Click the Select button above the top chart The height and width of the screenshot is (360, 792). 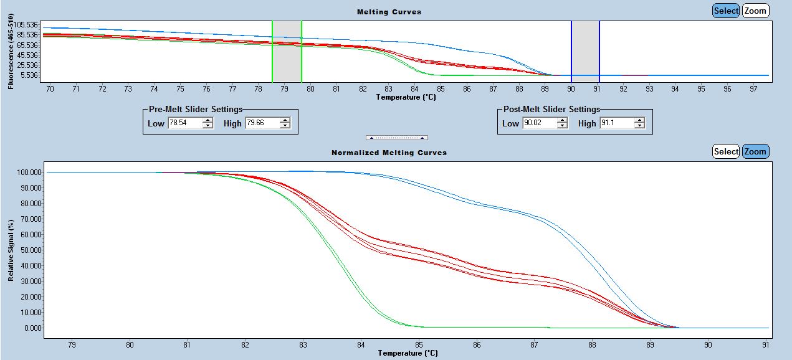(726, 11)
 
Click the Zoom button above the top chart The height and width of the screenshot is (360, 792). (755, 11)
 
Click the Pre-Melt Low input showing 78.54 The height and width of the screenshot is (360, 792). (184, 123)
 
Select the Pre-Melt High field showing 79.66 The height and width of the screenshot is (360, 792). (262, 123)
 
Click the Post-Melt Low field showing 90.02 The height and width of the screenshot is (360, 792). (539, 123)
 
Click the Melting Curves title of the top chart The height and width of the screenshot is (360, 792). (389, 12)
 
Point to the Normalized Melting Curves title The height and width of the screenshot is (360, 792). (389, 153)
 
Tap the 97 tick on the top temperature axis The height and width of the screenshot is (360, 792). (753, 89)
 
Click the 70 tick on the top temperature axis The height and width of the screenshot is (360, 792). (50, 89)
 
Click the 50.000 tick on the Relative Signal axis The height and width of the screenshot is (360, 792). (31, 250)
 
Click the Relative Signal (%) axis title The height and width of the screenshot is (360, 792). (11, 250)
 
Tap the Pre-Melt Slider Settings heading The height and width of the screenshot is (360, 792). (195, 110)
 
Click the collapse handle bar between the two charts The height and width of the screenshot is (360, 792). (396, 137)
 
